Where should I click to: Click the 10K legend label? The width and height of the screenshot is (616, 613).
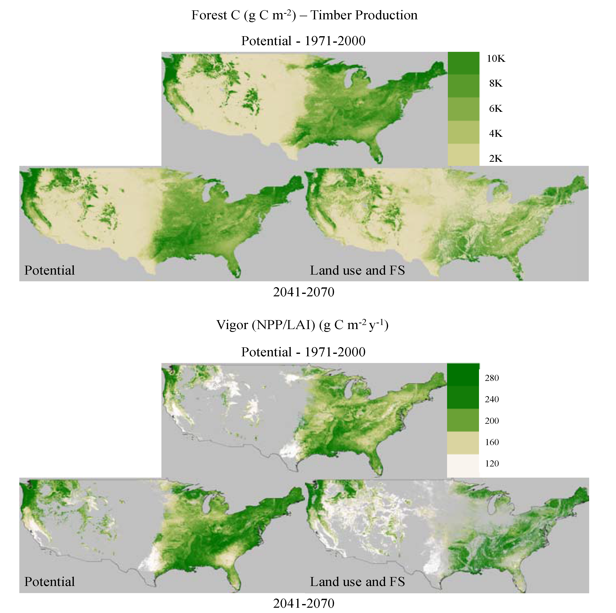496,59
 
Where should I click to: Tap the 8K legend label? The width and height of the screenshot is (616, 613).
496,84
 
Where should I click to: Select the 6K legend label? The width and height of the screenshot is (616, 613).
496,109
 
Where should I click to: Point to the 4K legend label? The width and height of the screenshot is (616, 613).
496,134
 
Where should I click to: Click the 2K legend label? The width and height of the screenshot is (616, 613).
496,158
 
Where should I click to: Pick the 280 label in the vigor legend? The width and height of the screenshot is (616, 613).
492,378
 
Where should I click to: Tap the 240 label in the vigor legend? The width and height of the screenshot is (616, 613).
492,399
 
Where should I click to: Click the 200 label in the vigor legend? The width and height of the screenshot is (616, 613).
492,421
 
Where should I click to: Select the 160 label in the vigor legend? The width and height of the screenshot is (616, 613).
492,442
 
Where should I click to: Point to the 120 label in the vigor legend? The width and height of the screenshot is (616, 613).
492,463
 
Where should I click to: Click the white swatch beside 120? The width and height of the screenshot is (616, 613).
463,465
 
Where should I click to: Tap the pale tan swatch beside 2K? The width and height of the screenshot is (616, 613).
463,155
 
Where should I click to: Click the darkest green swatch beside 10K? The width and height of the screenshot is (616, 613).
463,63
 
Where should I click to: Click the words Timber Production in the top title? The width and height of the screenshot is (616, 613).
364,15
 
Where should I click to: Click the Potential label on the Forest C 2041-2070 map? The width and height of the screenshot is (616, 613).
49,270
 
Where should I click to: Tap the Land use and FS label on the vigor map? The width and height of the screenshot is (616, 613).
357,582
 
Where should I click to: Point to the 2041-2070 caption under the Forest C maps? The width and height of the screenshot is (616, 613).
304,292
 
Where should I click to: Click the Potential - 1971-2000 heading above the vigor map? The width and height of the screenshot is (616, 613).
303,352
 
